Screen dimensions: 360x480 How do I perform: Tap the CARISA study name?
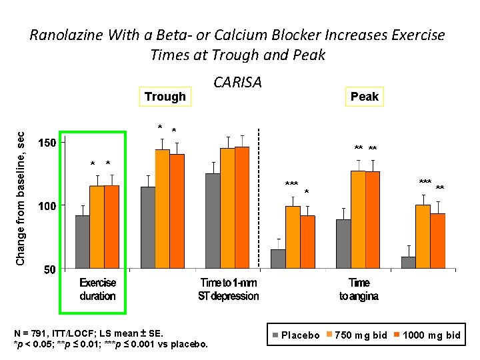237,82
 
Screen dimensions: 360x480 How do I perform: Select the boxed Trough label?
165,97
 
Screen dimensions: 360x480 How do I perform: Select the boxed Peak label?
364,97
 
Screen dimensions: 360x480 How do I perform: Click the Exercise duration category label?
97,289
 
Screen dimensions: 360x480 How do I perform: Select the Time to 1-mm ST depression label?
228,289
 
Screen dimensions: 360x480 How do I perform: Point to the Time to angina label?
359,289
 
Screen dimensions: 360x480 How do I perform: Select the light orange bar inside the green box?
97,227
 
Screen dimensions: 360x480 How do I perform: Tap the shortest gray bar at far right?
409,263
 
